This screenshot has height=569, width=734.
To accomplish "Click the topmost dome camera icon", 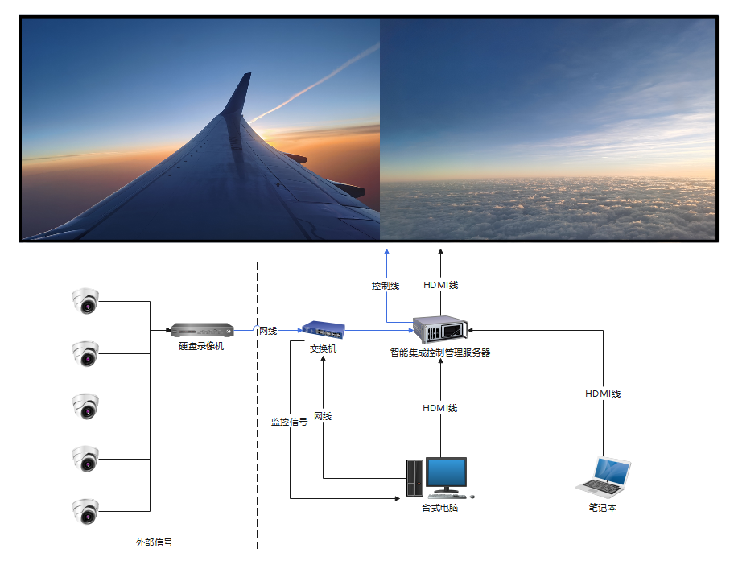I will pyautogui.click(x=85, y=301).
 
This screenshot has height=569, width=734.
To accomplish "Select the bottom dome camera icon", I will pyautogui.click(x=85, y=511).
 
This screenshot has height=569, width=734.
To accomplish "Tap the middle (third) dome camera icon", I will pyautogui.click(x=85, y=406).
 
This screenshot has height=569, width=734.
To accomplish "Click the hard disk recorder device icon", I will pyautogui.click(x=201, y=329).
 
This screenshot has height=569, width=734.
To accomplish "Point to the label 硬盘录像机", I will pyautogui.click(x=201, y=346).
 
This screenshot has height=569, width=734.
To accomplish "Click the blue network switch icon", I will pyautogui.click(x=323, y=329).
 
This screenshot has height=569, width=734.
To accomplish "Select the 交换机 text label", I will pyautogui.click(x=323, y=348).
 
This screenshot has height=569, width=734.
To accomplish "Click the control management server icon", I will pyautogui.click(x=440, y=329).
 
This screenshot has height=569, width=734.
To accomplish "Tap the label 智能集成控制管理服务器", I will pyautogui.click(x=440, y=353).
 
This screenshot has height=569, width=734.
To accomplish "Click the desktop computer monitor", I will pyautogui.click(x=446, y=475).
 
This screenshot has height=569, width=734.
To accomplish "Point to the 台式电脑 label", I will pyautogui.click(x=440, y=508).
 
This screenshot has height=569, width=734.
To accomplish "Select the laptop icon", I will pyautogui.click(x=604, y=476).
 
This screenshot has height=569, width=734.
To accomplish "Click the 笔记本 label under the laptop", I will pyautogui.click(x=603, y=508).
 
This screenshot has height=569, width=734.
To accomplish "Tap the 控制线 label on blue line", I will pyautogui.click(x=386, y=286).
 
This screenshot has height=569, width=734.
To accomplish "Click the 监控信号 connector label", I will pyautogui.click(x=289, y=421).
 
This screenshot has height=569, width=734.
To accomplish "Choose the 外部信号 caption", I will pyautogui.click(x=154, y=542).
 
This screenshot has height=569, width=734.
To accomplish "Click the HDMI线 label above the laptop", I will pyautogui.click(x=603, y=394).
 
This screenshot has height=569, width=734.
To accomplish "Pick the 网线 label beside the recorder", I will pyautogui.click(x=267, y=331).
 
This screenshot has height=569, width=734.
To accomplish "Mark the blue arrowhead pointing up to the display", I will pyautogui.click(x=387, y=251).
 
